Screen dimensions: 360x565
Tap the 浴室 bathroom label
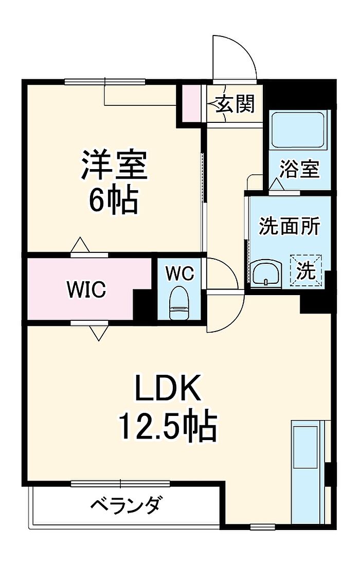[300, 169]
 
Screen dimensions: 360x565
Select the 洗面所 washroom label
[290, 227]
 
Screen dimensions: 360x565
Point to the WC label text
[179, 274]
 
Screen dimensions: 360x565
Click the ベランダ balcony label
[124, 505]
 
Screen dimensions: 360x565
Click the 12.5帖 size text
[168, 427]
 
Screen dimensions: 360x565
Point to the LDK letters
[168, 388]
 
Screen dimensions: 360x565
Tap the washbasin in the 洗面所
[267, 274]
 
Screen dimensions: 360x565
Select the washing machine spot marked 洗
[306, 270]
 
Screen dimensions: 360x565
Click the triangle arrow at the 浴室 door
[277, 185]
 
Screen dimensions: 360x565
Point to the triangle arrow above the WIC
[80, 245]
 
